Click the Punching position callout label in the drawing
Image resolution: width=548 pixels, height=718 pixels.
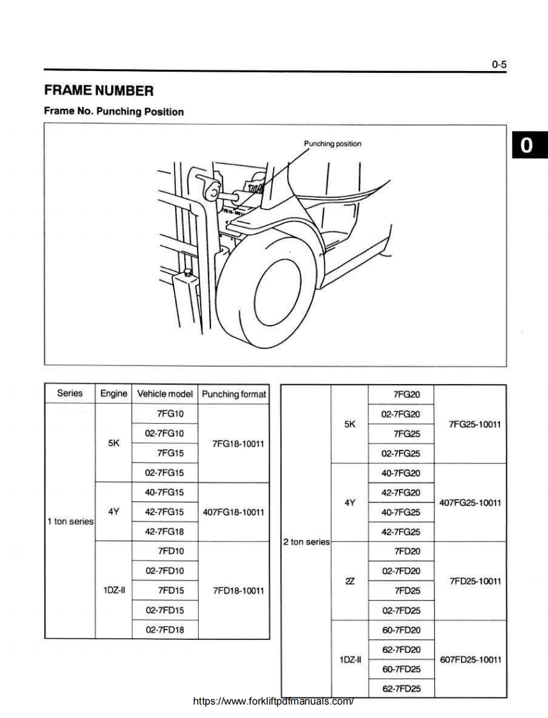(x=333, y=143)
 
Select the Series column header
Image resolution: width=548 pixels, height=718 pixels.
(x=70, y=394)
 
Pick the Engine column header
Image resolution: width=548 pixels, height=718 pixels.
(x=114, y=394)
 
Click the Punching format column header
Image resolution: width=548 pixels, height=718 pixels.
(x=233, y=394)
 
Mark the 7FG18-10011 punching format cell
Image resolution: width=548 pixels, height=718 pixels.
(x=233, y=443)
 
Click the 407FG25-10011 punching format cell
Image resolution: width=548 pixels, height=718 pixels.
(x=470, y=503)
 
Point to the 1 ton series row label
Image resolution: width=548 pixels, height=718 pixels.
(x=70, y=522)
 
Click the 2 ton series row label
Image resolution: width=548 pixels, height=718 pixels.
(x=306, y=542)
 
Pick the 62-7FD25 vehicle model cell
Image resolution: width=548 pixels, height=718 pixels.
(x=401, y=689)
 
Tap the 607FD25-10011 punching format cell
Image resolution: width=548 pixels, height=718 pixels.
(x=470, y=659)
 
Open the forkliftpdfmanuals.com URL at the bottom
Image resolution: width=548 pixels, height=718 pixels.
(x=274, y=701)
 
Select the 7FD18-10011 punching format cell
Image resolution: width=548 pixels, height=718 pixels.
(x=233, y=590)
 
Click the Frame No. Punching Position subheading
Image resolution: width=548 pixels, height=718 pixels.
(x=114, y=111)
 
